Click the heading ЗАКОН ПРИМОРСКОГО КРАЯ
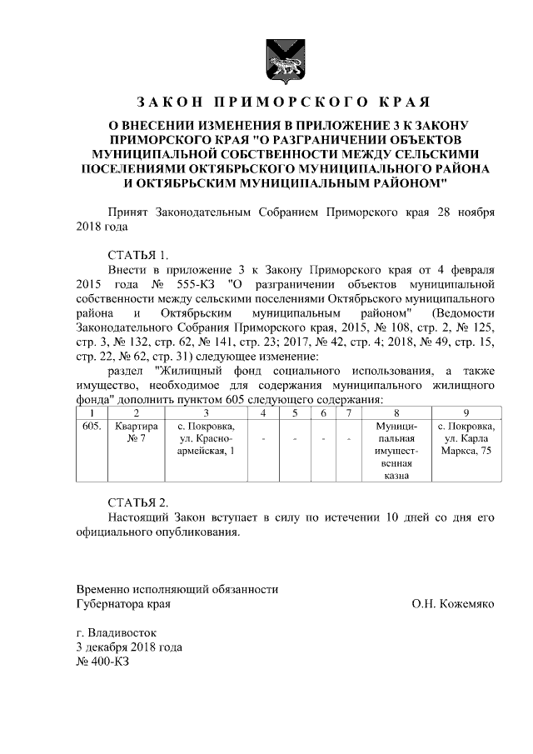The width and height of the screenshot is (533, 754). click(x=282, y=102)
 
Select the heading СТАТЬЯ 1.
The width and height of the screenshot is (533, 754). click(x=138, y=255)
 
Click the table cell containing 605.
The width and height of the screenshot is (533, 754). click(x=92, y=427)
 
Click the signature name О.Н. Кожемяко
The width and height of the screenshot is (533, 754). click(x=452, y=604)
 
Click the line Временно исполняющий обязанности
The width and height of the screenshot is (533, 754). click(x=177, y=589)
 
